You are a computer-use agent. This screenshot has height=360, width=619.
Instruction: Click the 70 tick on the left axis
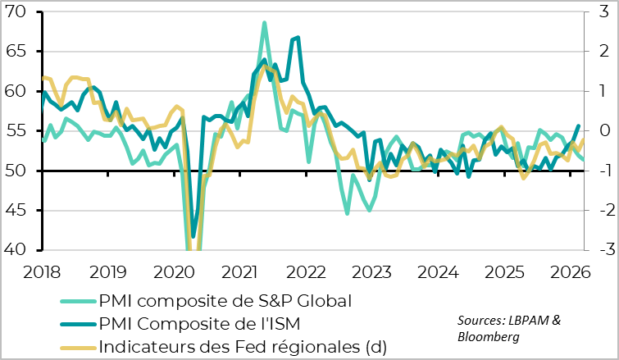tap(17, 12)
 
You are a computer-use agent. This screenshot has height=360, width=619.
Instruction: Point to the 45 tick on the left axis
tap(17, 211)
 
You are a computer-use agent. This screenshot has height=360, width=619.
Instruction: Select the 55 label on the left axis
tap(17, 131)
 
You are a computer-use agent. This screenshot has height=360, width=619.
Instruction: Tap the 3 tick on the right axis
tap(601, 12)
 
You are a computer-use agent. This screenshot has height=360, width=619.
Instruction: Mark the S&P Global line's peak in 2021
tap(264, 23)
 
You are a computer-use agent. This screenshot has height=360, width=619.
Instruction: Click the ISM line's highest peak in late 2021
tap(297, 37)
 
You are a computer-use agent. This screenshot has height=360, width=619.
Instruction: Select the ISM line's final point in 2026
tap(579, 125)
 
